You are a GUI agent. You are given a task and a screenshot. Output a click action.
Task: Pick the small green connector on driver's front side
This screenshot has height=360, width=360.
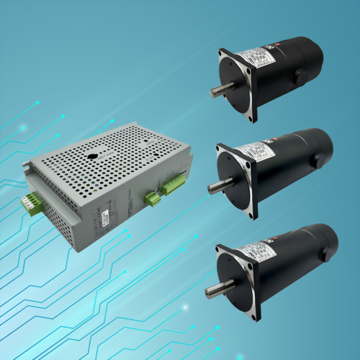(x=153, y=198)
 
